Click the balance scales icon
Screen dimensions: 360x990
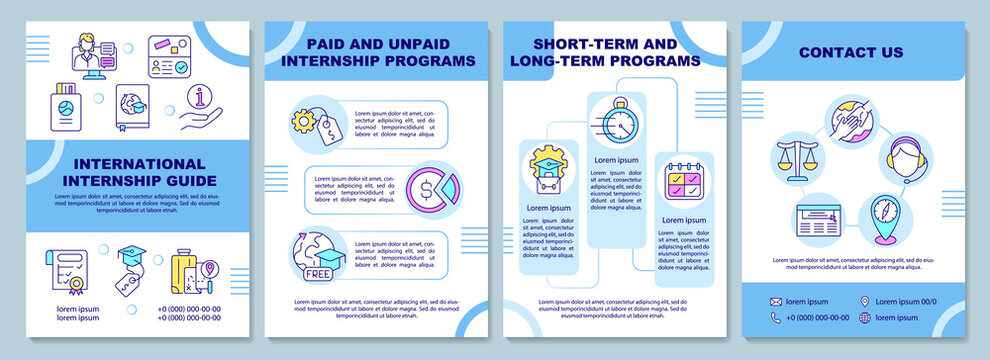pos(797,159)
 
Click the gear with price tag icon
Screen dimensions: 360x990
pos(317,125)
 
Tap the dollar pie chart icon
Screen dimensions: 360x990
pos(432,188)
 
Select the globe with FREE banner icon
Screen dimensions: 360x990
pos(318,255)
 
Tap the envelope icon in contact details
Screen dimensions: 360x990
pos(775,302)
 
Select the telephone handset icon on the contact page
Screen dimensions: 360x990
pos(775,318)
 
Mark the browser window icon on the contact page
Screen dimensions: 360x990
pos(817,219)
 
